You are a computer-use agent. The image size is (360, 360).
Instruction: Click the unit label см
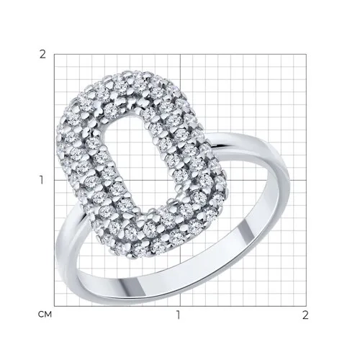(x=45, y=315)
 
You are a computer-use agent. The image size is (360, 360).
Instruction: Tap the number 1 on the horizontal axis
(x=178, y=315)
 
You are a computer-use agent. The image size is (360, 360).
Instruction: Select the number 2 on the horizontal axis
(x=305, y=315)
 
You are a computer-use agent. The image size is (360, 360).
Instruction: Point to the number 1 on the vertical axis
(x=42, y=180)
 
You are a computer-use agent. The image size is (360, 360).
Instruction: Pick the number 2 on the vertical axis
(x=42, y=55)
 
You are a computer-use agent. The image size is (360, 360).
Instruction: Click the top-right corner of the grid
(x=306, y=54)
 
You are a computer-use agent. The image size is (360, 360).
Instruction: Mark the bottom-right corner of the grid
(x=306, y=306)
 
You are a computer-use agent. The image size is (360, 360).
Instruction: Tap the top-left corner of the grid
(x=54, y=54)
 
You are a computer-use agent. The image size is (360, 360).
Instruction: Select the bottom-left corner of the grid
(x=54, y=306)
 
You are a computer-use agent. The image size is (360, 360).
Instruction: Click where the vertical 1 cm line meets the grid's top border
(x=180, y=54)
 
